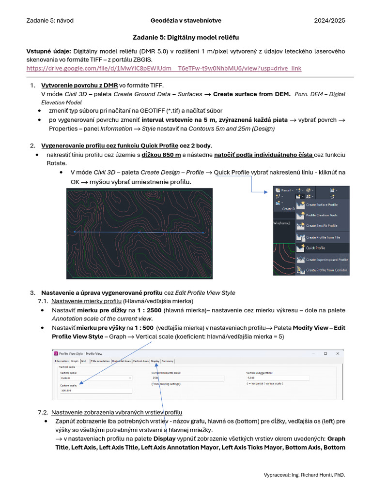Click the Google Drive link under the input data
(x=164, y=69)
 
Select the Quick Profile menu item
(x=316, y=248)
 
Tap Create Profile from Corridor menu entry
(x=327, y=270)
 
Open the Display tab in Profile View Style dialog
(x=155, y=361)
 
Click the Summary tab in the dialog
(x=168, y=361)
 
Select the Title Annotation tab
(x=100, y=361)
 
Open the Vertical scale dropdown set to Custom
(x=95, y=378)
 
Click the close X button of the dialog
(x=338, y=354)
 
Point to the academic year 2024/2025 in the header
(x=329, y=20)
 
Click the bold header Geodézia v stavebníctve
(x=186, y=20)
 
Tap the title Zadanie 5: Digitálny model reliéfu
(x=186, y=37)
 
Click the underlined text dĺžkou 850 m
(x=161, y=155)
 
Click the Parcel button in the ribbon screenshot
(x=286, y=190)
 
